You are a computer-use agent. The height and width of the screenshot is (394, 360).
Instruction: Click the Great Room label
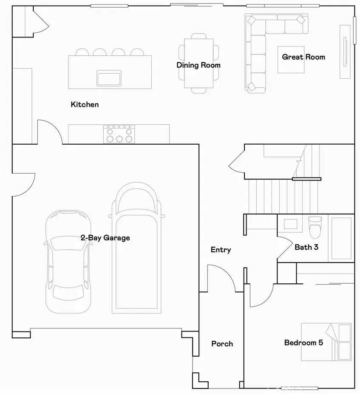(303, 57)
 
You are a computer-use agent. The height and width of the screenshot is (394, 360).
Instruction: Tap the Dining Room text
(198, 65)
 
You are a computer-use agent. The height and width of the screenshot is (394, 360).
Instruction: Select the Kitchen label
(85, 105)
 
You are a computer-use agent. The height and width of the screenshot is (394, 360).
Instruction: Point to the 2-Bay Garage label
(105, 238)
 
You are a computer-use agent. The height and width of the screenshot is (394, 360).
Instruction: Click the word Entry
(221, 250)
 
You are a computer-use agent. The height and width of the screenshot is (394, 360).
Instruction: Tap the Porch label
(222, 344)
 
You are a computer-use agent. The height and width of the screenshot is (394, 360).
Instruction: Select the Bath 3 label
(306, 247)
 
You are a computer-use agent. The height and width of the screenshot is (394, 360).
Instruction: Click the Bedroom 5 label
(303, 343)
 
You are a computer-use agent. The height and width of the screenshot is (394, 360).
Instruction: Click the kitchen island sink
(109, 78)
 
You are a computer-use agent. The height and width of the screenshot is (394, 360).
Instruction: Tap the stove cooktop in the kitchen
(119, 134)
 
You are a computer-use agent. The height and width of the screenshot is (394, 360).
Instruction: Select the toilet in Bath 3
(315, 227)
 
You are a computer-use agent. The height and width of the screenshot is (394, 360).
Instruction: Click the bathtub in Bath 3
(341, 238)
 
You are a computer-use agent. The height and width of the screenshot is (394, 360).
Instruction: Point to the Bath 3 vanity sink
(290, 224)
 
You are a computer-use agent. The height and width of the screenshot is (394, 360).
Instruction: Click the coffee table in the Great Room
(291, 60)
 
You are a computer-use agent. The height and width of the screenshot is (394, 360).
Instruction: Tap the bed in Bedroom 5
(326, 342)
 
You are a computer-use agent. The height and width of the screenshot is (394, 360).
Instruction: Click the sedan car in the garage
(68, 262)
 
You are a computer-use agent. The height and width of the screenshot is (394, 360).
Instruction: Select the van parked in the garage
(136, 248)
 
